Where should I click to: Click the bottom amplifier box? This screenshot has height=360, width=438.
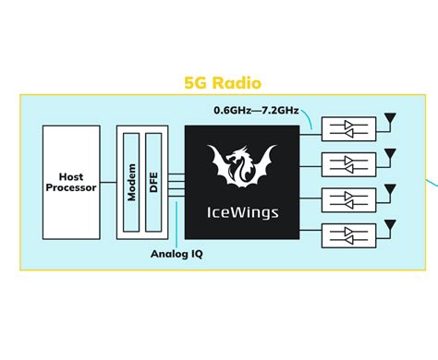click(349, 233)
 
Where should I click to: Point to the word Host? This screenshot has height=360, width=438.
click(71, 176)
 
